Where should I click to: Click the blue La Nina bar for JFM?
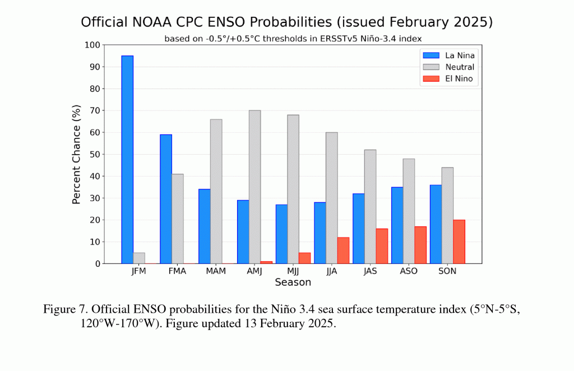tap(127, 159)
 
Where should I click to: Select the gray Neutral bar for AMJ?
tap(254, 187)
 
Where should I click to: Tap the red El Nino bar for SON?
tap(459, 242)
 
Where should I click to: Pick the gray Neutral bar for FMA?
tap(177, 219)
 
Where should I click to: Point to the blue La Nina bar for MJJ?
tap(281, 234)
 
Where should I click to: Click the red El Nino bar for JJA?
tap(343, 250)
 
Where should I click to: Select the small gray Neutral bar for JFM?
tap(138, 258)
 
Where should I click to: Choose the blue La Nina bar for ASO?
tap(397, 225)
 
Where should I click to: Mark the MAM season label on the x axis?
tap(216, 271)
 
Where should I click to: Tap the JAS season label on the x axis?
tap(370, 271)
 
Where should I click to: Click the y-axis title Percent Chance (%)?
tap(77, 154)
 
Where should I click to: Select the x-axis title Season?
tap(293, 282)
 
